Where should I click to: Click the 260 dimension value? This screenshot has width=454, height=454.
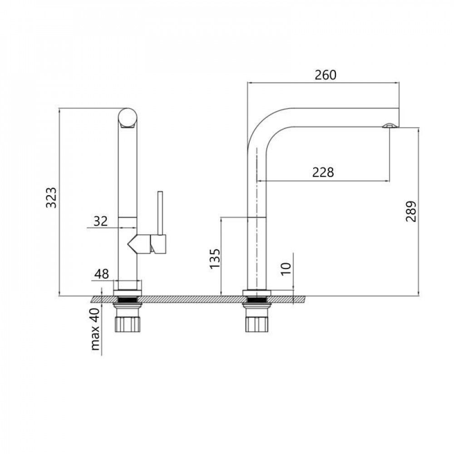[326, 75]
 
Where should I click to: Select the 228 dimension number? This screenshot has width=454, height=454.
[323, 173]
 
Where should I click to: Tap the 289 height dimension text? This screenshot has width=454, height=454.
[411, 211]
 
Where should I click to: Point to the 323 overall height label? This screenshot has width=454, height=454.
[52, 197]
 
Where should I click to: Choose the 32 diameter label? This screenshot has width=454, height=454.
[100, 221]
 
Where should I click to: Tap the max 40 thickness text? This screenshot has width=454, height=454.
[95, 330]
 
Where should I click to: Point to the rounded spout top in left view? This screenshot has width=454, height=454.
[127, 118]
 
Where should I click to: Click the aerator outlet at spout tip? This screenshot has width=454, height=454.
[389, 125]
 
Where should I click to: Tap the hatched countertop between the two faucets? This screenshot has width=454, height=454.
[191, 299]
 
